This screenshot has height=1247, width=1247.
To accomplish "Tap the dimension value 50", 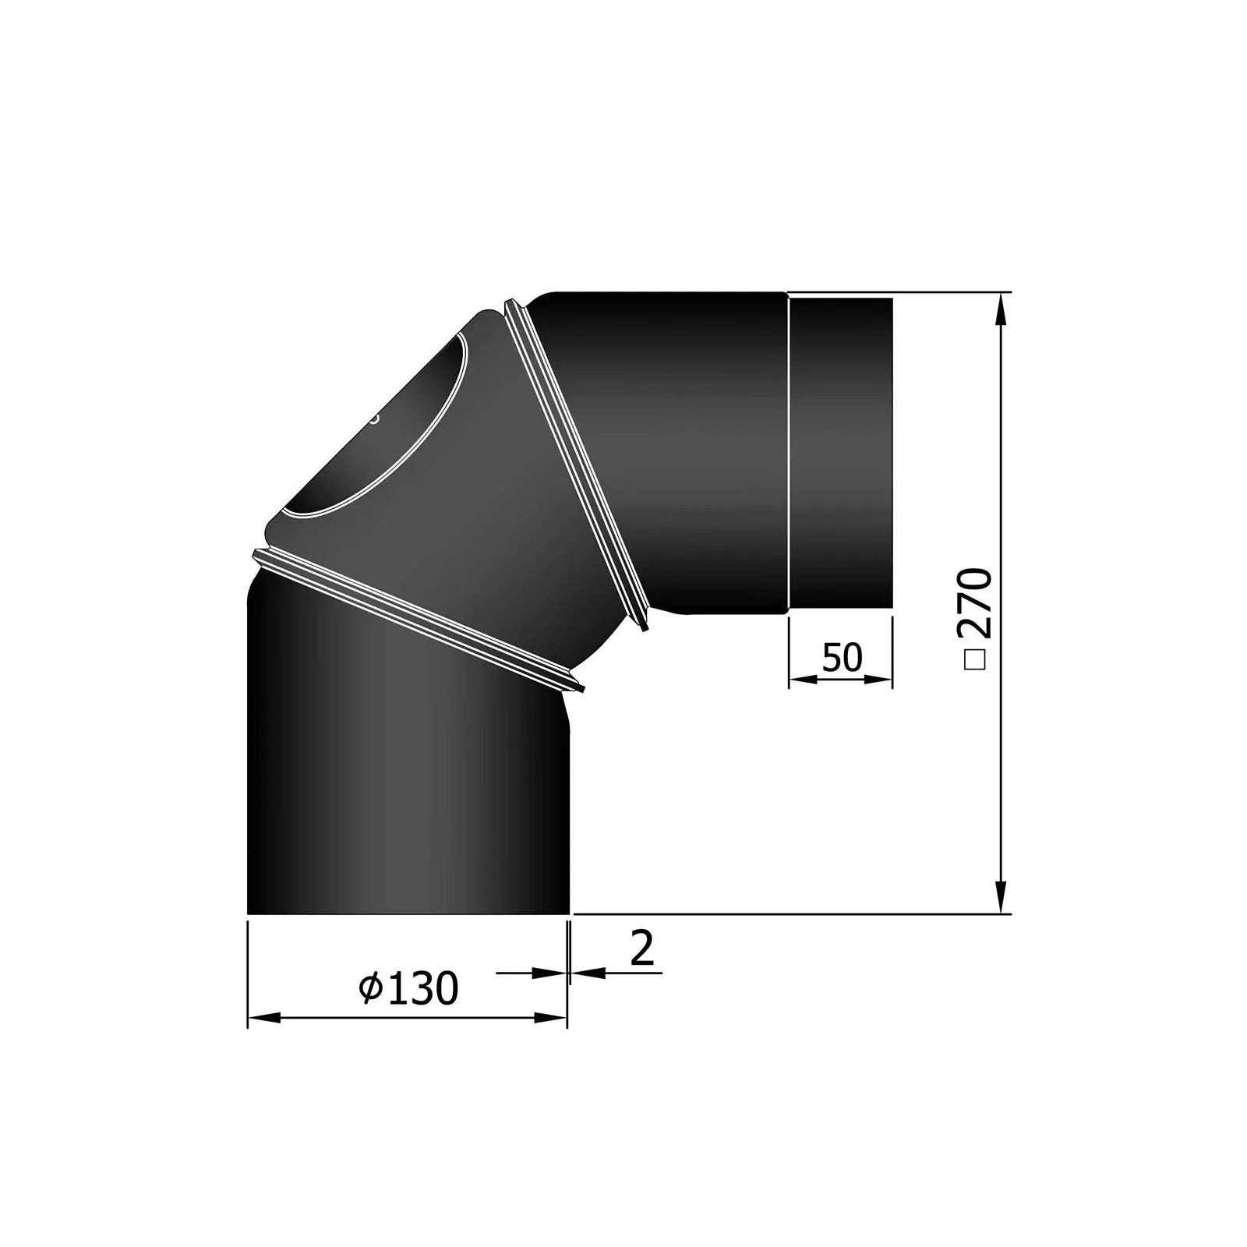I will (x=842, y=657).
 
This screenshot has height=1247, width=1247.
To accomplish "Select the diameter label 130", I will (x=422, y=989).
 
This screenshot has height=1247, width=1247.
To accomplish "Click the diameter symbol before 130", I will (x=371, y=988).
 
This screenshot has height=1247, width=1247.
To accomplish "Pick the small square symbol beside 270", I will (x=976, y=659).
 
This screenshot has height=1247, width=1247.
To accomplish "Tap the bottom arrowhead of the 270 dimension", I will (x=1001, y=896).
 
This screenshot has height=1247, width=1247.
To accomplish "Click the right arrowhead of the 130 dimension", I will (x=550, y=1017).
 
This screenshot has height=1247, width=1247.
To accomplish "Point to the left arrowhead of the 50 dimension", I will (x=803, y=679).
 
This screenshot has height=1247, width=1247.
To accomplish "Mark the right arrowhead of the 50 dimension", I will (x=878, y=679).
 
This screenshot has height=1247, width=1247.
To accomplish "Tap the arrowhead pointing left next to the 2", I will (x=588, y=972).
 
